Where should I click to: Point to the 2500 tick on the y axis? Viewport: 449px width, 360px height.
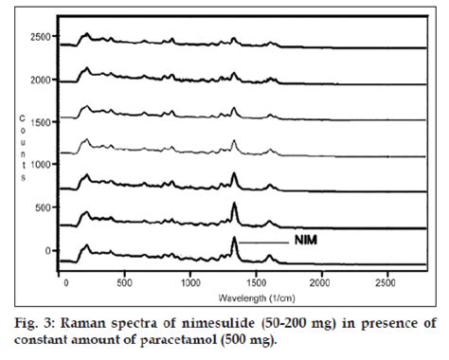point(40,37)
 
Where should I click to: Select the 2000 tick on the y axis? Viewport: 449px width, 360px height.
point(40,80)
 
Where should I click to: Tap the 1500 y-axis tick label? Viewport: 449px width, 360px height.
point(40,122)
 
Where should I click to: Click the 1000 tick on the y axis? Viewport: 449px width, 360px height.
point(40,165)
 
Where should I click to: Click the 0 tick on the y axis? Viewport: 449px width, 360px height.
point(49,250)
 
